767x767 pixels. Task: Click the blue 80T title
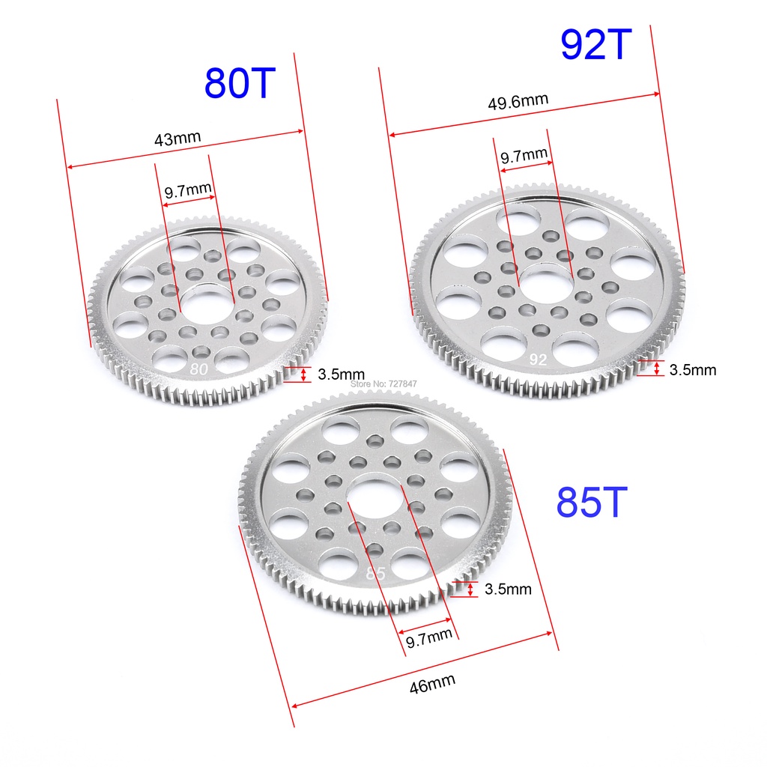point(240,83)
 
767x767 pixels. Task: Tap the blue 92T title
point(595,44)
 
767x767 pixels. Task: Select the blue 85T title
point(592,502)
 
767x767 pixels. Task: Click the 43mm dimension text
point(178,139)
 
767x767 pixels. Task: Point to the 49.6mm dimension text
point(518,101)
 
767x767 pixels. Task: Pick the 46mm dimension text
point(432,683)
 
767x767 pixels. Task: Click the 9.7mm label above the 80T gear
point(188,190)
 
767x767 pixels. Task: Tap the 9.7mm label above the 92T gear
point(524,156)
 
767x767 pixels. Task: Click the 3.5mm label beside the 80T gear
point(341,375)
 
